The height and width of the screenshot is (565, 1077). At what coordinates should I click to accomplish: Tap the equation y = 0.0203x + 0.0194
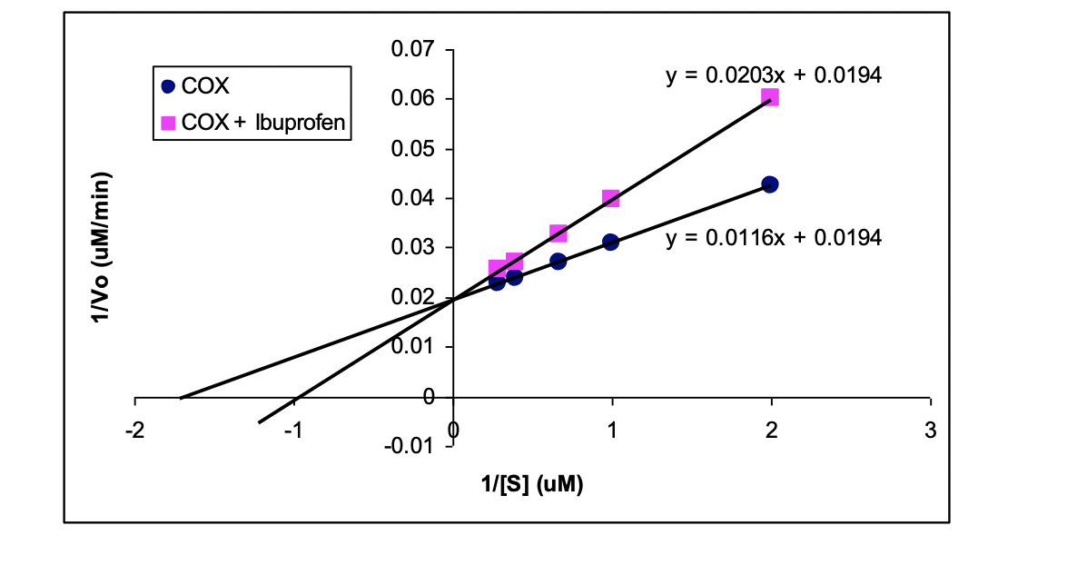(x=774, y=75)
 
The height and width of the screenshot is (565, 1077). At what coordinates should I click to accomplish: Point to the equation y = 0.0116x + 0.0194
(x=774, y=238)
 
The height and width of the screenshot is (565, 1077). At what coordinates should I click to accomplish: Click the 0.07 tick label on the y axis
(x=412, y=49)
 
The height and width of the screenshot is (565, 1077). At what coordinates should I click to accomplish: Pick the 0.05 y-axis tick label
(x=412, y=148)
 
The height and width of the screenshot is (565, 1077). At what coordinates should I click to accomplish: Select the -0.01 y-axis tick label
(x=409, y=446)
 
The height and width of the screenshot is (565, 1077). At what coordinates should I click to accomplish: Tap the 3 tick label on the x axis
(x=930, y=431)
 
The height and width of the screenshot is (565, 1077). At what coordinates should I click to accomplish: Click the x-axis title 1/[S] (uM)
(x=532, y=485)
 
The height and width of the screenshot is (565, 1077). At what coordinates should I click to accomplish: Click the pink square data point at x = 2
(x=770, y=97)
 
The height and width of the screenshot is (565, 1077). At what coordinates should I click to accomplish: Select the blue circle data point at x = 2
(x=770, y=184)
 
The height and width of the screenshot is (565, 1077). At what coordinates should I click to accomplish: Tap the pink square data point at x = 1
(x=610, y=199)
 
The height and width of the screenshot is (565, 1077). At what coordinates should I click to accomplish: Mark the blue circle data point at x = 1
(x=610, y=242)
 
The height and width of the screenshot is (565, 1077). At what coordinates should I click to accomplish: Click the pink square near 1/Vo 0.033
(x=558, y=234)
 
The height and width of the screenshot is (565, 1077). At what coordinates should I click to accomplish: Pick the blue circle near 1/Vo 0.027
(x=558, y=262)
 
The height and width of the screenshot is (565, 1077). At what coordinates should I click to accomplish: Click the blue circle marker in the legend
(x=167, y=87)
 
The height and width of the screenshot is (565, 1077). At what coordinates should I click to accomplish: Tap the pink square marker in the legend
(x=167, y=122)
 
